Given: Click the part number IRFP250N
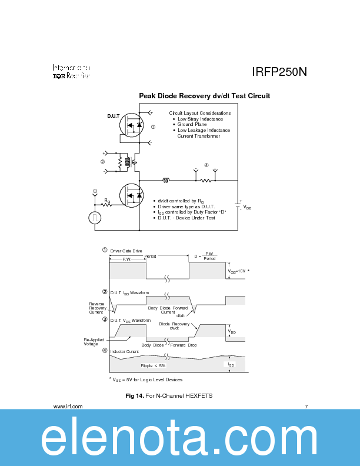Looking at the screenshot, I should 279,72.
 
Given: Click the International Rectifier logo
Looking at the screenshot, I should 72,71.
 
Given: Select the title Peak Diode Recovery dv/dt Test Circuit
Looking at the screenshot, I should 204,95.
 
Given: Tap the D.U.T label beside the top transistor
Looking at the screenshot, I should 114,116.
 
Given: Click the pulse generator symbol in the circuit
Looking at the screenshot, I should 95,217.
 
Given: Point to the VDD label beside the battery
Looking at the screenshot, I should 247,208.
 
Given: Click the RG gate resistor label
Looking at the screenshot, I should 107,201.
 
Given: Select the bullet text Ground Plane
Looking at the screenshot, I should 192,125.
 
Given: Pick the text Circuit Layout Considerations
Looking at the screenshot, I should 199,113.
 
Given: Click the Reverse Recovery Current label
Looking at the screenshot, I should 98,308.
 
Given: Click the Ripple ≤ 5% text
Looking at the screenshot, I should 154,365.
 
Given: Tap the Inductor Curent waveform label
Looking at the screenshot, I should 125,351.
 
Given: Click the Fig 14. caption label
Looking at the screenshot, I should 135,396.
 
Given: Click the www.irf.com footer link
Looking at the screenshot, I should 68,407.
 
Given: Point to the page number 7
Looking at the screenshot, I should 306,407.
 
